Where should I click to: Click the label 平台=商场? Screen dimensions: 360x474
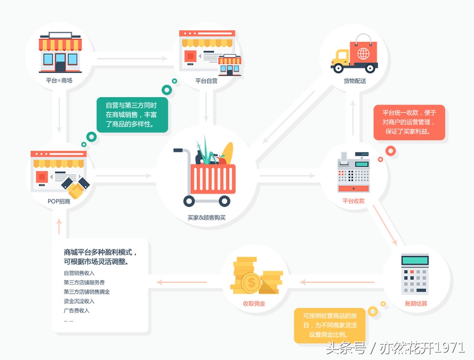pyautogui.click(x=59, y=81)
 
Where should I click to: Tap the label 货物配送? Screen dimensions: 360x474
pyautogui.click(x=355, y=81)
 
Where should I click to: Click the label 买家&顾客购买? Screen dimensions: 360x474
pyautogui.click(x=206, y=217)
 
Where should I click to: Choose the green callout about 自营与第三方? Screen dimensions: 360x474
pyautogui.click(x=132, y=115)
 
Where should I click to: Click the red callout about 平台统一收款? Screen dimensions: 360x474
pyautogui.click(x=409, y=122)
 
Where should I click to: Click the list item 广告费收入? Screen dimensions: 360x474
pyautogui.click(x=76, y=311)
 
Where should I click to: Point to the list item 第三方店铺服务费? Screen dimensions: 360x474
pyautogui.click(x=84, y=282)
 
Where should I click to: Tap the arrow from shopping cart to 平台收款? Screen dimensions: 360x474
pyautogui.click(x=287, y=176)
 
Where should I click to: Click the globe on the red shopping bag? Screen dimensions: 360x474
pyautogui.click(x=364, y=53)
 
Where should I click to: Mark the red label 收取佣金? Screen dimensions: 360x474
pyautogui.click(x=254, y=303)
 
